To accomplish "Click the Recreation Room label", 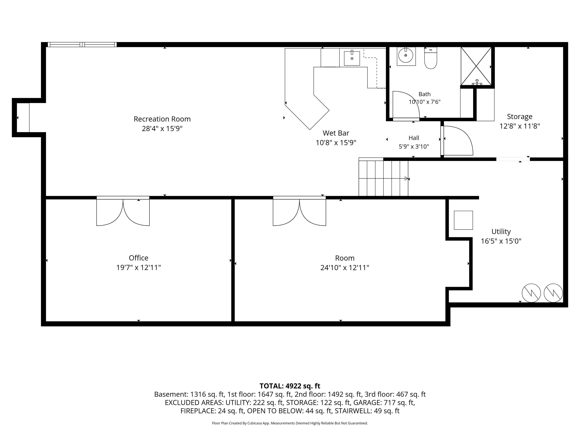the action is point(162,119).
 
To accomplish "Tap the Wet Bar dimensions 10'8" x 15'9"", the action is point(336,143).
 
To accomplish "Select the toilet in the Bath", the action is point(431,58).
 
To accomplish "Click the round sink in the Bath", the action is point(406,55).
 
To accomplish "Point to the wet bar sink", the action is point(352,58).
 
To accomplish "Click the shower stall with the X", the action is point(476,66).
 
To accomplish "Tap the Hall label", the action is point(414,138).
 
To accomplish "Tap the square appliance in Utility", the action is point(463,220).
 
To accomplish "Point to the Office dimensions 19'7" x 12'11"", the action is point(138,267).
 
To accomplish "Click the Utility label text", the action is point(501,232).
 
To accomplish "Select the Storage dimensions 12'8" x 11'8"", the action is point(520,126).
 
